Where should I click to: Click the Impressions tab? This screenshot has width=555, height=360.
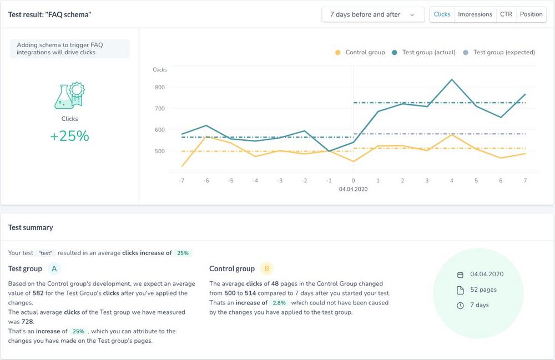(x=475, y=14)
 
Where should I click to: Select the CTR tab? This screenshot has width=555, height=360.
(x=506, y=14)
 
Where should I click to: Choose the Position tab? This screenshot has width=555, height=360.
(x=531, y=14)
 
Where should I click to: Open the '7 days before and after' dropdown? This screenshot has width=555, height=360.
(x=373, y=14)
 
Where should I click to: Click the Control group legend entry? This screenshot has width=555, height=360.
(x=360, y=52)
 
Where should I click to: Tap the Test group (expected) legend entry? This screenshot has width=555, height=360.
(x=499, y=52)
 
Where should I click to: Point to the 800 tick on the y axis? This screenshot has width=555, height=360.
(x=160, y=87)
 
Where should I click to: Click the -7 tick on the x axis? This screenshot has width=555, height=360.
(x=181, y=181)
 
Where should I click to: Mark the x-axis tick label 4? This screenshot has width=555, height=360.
(x=452, y=181)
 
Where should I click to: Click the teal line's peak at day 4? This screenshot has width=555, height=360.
(x=452, y=79)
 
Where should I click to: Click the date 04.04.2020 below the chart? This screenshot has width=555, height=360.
(x=354, y=189)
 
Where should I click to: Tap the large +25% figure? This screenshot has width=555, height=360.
(x=69, y=136)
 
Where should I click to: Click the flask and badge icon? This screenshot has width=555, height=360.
(x=69, y=95)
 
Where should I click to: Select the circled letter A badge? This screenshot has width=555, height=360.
(x=54, y=269)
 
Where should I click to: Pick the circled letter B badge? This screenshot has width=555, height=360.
(x=267, y=269)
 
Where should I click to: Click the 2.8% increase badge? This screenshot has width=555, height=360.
(x=280, y=303)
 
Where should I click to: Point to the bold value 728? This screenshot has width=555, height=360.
(x=27, y=321)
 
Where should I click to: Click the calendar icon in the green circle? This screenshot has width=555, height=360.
(x=460, y=275)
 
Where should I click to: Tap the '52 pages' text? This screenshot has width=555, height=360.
(x=483, y=290)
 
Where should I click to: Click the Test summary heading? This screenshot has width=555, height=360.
(x=31, y=227)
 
